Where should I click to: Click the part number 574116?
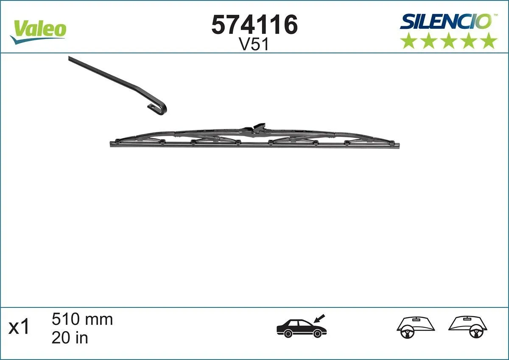coord(255,25)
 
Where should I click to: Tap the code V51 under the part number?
coord(254,45)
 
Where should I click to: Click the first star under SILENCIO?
coord(409,41)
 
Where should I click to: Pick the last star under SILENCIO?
coord(489,41)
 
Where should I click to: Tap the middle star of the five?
coord(449,41)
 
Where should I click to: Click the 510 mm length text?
coord(82,319)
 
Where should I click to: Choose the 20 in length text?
coord(70,338)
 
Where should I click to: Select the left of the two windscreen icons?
coord(416,327)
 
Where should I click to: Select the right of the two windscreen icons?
coord(468,327)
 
